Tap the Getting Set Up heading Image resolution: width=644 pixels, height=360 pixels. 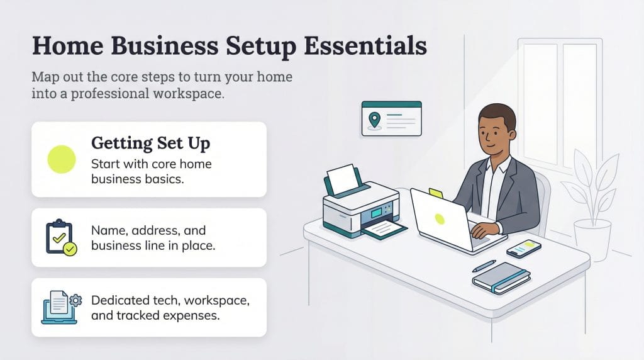coord(151,143)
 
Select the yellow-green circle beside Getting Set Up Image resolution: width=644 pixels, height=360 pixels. coord(62,159)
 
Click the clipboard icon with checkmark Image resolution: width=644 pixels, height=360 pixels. coord(60,238)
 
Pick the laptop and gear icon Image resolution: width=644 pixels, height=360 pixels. coord(61,307)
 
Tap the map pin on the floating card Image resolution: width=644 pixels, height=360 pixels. coord(375,119)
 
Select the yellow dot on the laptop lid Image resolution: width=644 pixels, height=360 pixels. coord(440,219)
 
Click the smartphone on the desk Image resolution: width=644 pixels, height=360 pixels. coord(523,248)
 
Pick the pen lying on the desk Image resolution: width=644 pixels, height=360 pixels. coord(484,266)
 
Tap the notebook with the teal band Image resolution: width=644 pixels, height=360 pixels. coord(501,278)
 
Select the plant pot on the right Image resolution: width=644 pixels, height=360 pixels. coord(592,239)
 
